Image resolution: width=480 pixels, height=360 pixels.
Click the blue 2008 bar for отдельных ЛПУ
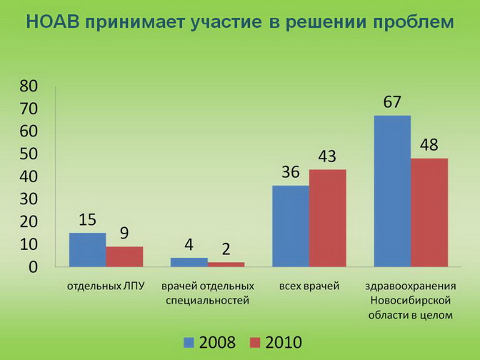coord(88,250)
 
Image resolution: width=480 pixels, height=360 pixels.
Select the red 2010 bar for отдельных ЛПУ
coord(124,257)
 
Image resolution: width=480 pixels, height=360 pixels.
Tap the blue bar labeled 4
coord(189,262)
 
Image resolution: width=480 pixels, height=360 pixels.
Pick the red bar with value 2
coord(226,264)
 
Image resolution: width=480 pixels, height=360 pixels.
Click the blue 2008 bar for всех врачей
coord(291,226)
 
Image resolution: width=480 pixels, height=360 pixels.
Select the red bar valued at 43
coord(328,219)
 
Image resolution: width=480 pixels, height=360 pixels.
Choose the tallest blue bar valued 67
coord(392,191)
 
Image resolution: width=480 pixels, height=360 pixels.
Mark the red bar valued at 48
coord(429,212)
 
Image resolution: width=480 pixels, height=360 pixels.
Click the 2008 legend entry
coord(210,342)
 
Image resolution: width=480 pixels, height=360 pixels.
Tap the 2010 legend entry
coord(276,342)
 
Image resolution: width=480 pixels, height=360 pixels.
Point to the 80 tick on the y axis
coord(29,86)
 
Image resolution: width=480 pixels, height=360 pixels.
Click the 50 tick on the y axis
coord(29,154)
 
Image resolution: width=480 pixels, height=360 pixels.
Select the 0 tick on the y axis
coord(33,267)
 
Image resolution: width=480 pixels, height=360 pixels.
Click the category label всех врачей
coord(309,286)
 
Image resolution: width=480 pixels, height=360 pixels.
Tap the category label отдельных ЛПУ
coord(106,286)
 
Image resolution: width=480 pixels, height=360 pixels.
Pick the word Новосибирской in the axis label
coord(411,300)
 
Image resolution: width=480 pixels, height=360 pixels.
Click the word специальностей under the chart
coord(208,301)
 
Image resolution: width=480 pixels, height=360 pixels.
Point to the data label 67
coord(392,102)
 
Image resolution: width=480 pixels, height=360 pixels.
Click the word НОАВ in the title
coord(53,22)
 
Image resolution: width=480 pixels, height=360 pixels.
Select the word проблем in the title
coord(414,23)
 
